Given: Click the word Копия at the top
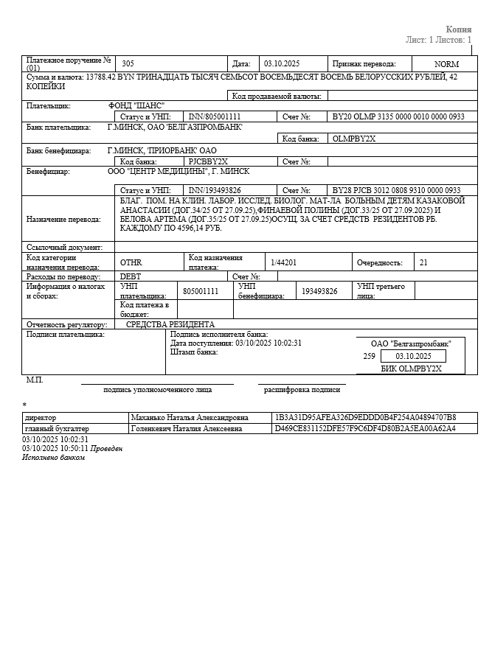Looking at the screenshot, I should coord(458,29).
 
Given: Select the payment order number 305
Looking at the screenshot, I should coord(128,64).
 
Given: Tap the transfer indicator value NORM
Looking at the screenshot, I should coord(446,64).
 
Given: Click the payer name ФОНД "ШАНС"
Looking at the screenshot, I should coord(136,105).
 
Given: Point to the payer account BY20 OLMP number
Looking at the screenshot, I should coord(398,116).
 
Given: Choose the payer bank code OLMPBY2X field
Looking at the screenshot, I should coord(354,138).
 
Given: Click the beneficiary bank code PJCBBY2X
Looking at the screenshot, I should coord(208,161).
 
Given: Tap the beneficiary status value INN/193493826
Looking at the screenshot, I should coord(215,190).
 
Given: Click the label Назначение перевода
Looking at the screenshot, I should coord(69,219).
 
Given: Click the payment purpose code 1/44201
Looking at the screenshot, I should coord(283,262).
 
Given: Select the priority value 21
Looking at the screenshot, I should coord(423,262).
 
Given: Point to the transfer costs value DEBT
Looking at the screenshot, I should coord(130,276).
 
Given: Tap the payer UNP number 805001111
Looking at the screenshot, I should coord(201,291).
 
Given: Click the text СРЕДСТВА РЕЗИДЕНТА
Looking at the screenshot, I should coord(170,324).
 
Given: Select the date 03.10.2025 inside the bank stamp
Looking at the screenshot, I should coord(414,356).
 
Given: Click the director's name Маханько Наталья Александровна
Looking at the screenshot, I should coord(190,418).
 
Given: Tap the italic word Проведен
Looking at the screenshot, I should coord(106,448).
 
